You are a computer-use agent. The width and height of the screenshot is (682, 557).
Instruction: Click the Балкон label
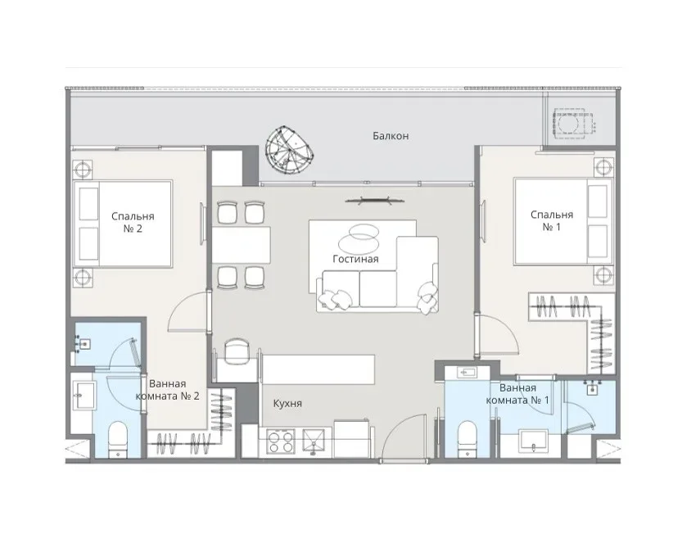point(391,136)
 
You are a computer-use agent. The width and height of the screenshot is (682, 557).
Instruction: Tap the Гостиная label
point(355,259)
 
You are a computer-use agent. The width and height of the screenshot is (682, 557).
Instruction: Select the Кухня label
point(287,403)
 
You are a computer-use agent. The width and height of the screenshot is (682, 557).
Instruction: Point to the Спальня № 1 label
point(552,220)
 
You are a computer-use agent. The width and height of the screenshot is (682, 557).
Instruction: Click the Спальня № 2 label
point(133,222)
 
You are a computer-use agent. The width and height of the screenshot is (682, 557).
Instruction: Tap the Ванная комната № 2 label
point(168,390)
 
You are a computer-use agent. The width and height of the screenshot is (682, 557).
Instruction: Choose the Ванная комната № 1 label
point(517,394)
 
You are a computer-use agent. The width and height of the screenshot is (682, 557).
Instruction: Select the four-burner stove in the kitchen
point(281,442)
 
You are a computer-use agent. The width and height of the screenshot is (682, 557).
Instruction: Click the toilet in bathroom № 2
point(117,439)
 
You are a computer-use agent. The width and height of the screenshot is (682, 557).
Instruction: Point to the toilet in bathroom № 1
point(467,438)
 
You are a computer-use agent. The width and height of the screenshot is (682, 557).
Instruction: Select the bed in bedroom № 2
point(123,224)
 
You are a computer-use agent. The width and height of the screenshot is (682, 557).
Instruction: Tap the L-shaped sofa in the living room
point(377,275)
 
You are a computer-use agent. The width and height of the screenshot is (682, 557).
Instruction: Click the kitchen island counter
point(318,369)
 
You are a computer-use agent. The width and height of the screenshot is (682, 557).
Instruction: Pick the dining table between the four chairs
point(241,245)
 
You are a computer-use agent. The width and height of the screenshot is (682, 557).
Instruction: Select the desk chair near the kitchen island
point(237,350)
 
